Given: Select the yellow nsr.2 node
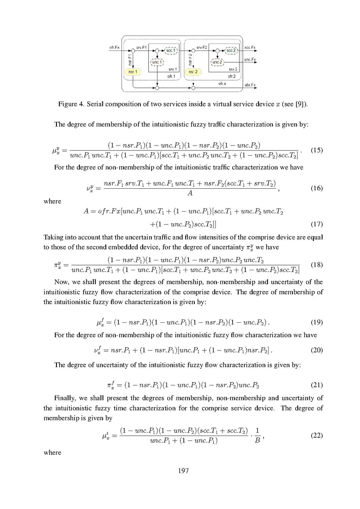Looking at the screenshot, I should (194, 72).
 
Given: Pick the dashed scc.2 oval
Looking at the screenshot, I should (231, 50).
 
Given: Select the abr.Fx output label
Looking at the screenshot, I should (250, 85).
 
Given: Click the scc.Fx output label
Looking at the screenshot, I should (250, 48).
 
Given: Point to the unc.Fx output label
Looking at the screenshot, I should (250, 59).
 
